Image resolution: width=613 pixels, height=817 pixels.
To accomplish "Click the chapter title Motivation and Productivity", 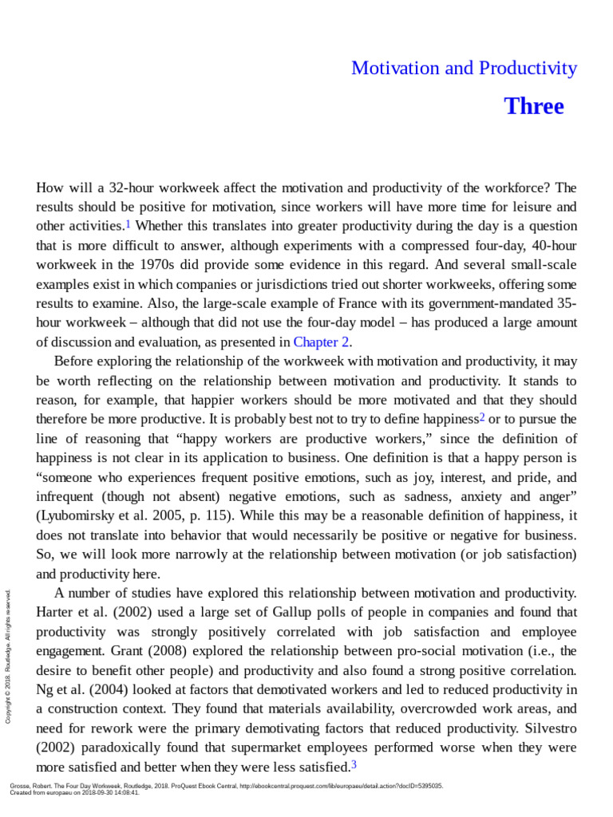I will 464,69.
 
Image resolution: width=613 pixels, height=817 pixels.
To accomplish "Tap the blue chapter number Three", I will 534,107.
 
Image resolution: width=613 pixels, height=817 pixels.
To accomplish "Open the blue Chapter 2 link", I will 322,342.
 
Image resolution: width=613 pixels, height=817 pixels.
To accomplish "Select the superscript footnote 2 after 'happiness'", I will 481,417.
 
